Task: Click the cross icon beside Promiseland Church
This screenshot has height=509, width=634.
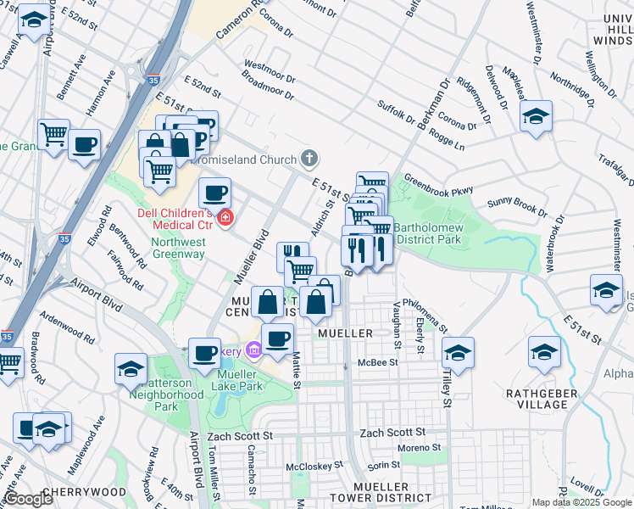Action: pyautogui.click(x=310, y=159)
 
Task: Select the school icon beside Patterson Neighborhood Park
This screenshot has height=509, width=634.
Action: pyautogui.click(x=131, y=367)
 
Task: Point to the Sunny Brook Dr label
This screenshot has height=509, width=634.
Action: pyautogui.click(x=518, y=206)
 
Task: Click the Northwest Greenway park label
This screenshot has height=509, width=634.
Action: pyautogui.click(x=179, y=248)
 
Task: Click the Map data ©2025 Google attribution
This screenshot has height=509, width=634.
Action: pyautogui.click(x=581, y=502)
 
